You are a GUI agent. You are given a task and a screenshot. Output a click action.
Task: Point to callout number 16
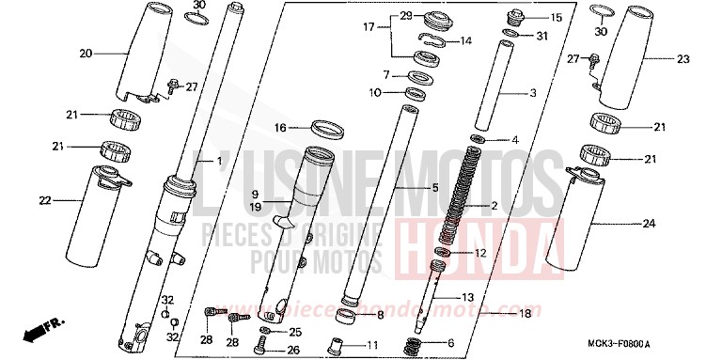point(280,127)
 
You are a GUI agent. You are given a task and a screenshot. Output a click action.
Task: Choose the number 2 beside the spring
point(521,206)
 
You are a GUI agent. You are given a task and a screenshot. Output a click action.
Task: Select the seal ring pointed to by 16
point(326,127)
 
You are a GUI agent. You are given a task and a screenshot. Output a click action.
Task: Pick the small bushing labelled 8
point(348,313)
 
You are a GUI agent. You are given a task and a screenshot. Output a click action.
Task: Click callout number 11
point(372,345)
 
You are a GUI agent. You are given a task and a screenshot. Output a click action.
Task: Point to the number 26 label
point(295,351)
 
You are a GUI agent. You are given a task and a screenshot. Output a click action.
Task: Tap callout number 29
point(406,16)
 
